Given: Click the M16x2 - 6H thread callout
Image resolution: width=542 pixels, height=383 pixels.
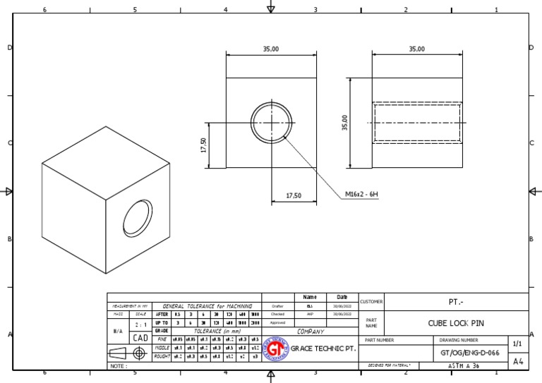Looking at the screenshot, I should [x=361, y=195].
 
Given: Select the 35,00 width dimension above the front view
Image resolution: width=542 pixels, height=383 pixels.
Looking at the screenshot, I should [x=271, y=49].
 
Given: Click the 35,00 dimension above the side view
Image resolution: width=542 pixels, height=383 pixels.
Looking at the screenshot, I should [x=417, y=49].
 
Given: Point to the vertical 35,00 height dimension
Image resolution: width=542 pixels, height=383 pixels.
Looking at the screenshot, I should [x=345, y=123].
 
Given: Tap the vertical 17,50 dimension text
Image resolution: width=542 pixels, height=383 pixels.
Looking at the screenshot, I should [x=203, y=145].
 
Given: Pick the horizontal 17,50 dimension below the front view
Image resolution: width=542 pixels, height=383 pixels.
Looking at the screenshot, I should [x=294, y=195].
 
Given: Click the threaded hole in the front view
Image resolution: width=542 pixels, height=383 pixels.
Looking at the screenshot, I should [x=271, y=123].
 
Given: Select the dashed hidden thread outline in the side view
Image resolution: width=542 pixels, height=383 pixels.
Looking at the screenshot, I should [x=417, y=123].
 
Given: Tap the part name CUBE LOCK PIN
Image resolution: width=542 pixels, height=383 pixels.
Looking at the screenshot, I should [x=457, y=324].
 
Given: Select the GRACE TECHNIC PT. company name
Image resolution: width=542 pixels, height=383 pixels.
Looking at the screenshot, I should [x=323, y=348].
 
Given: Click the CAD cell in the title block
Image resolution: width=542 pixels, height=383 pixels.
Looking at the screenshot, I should [x=140, y=338].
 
